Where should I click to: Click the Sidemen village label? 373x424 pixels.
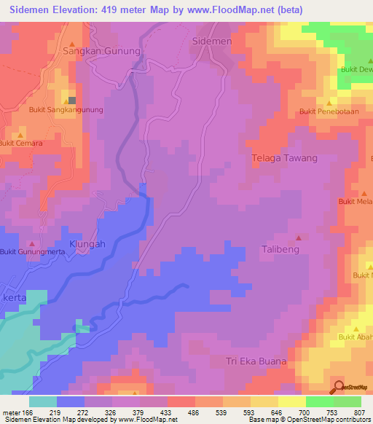211,42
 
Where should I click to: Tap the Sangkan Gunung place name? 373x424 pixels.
96,52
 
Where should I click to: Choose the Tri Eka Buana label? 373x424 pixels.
256,361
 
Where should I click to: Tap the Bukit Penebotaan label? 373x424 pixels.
330,112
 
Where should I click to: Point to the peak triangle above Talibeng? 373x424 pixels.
299,237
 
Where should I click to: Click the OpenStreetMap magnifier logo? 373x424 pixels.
339,387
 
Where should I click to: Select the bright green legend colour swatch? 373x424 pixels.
320,401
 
